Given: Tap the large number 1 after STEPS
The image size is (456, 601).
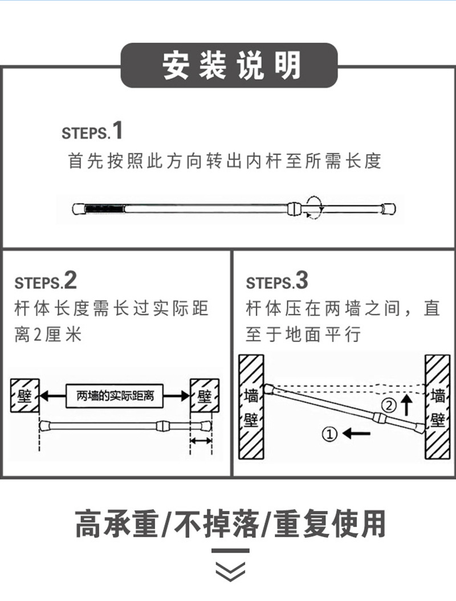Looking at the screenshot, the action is (x=117, y=131).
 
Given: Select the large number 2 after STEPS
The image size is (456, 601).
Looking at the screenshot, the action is (x=70, y=281).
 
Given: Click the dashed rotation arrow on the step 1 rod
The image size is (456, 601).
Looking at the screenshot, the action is (x=312, y=206).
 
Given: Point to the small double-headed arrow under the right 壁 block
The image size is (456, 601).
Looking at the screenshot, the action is (x=201, y=441).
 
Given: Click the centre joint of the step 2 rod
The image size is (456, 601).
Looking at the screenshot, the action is (x=161, y=425).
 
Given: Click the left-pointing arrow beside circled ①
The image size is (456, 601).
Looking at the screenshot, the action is (x=357, y=434).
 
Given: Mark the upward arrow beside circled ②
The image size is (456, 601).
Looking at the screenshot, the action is (x=406, y=405).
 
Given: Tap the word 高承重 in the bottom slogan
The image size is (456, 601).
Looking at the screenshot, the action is (x=116, y=523).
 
